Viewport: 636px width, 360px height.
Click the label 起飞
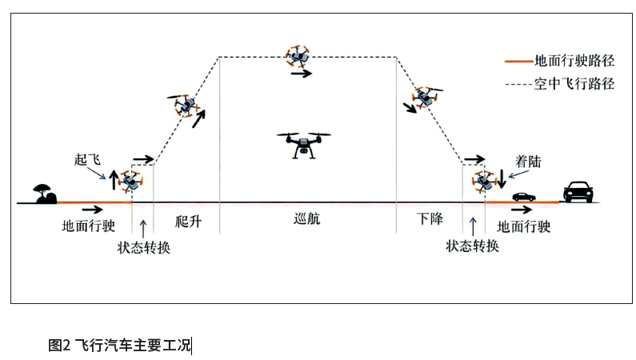click(86, 159)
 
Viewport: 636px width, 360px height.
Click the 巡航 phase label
click(306, 222)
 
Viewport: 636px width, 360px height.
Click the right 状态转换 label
click(473, 246)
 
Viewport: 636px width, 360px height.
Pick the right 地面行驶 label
click(523, 226)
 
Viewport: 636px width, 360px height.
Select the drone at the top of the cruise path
click(298, 56)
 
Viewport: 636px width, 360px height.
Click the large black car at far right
click(578, 191)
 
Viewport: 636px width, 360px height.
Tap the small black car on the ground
click(524, 196)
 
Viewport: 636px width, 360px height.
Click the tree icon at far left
click(41, 193)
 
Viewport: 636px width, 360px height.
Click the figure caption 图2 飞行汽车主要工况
click(119, 346)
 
